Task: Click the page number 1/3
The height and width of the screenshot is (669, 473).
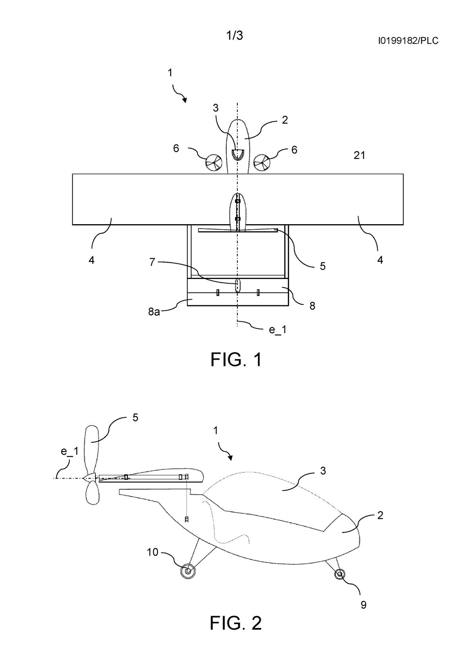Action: tap(235, 35)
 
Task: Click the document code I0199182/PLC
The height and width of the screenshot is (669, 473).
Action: tap(408, 40)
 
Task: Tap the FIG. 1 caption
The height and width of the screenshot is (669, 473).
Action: tap(236, 359)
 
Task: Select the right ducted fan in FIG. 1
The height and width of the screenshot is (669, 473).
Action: tap(262, 163)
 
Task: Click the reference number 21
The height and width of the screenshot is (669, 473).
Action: tap(359, 155)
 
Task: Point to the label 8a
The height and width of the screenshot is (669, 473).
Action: tap(154, 312)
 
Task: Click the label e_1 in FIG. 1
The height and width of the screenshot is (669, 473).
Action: tap(278, 330)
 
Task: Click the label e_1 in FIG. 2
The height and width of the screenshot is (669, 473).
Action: tap(70, 451)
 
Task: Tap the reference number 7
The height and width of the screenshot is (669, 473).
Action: tap(152, 262)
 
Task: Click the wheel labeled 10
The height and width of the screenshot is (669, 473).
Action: tap(188, 571)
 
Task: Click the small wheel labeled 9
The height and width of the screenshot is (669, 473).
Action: tap(339, 574)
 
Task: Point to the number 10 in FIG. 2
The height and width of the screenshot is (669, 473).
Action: tap(152, 552)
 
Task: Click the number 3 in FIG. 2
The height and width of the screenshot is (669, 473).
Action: tap(323, 471)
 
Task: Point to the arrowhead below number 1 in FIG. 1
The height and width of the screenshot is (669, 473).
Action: tap(184, 100)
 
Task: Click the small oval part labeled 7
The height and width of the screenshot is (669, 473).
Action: tap(237, 285)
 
